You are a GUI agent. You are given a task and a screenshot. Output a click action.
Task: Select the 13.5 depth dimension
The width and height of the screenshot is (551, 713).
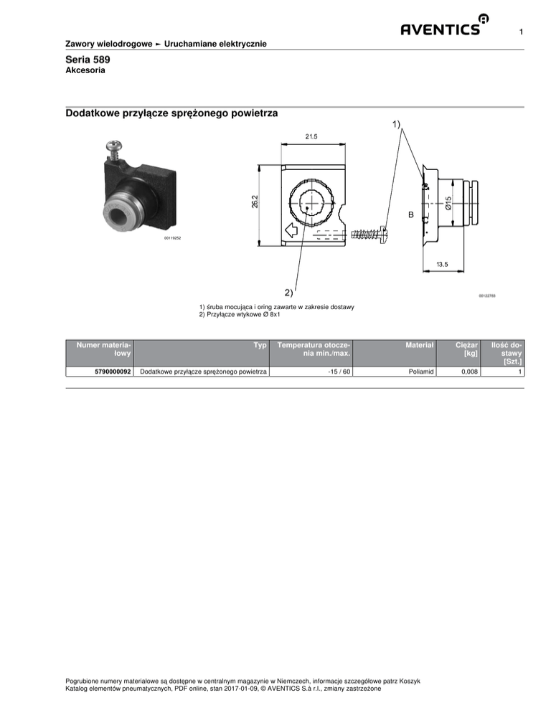[443, 265]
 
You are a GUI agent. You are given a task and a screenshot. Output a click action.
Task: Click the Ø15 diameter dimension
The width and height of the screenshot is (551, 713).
[447, 203]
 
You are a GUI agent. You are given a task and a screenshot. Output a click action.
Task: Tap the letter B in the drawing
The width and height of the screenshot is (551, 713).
[411, 214]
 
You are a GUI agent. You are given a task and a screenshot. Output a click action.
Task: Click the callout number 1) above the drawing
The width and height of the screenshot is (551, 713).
[397, 124]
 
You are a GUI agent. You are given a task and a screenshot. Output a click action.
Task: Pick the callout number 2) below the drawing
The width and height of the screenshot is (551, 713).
[288, 292]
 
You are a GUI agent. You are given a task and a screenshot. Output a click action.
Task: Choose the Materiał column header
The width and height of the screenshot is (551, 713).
[420, 345]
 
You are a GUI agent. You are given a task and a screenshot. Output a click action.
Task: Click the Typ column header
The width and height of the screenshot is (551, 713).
[260, 345]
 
